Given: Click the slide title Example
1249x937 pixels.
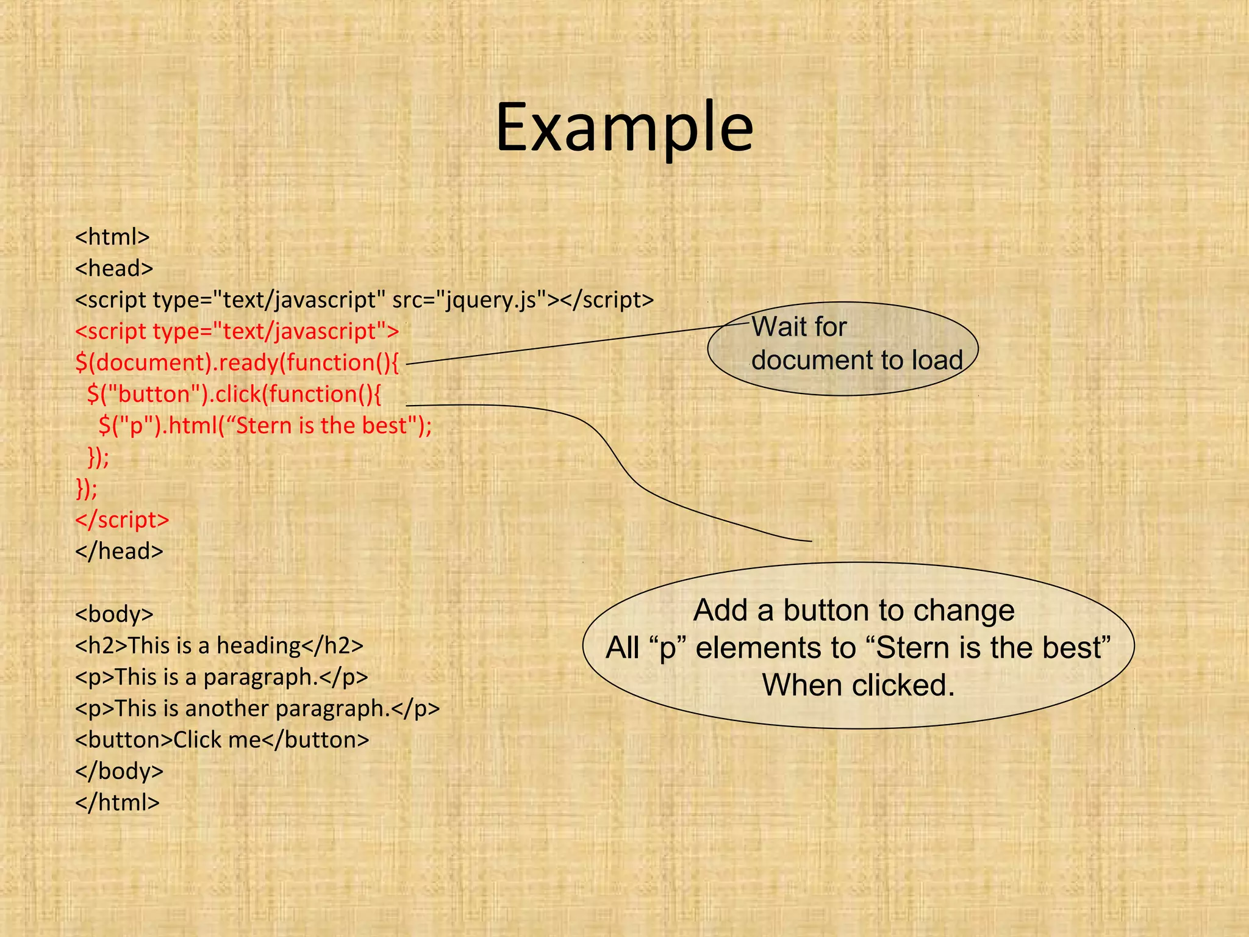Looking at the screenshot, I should pos(624,129).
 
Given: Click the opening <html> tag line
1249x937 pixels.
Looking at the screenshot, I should pos(112,237).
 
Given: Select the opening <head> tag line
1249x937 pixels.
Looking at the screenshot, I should pos(114,268).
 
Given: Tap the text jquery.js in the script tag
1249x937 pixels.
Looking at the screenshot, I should pos(490,300).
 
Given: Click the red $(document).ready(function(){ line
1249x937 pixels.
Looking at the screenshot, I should pos(237,362).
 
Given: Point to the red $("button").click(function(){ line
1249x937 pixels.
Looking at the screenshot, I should pos(234,394).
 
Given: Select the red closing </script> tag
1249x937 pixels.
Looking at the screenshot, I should pos(122,520).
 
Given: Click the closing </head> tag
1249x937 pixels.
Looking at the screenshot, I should pos(119,551).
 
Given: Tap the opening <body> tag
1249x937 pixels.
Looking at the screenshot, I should pos(114,614).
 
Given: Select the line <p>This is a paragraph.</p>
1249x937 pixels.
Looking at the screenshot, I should pos(221,677).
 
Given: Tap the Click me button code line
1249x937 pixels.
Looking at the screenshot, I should pos(222,740).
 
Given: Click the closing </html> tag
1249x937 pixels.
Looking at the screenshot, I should pos(117,803).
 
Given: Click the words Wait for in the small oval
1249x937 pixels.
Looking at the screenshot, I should pos(799,327).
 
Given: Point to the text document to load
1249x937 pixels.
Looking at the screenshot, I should pos(857,360).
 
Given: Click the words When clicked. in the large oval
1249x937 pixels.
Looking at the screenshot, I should pos(858,685).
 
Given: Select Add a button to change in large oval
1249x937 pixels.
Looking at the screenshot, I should pos(854,610).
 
